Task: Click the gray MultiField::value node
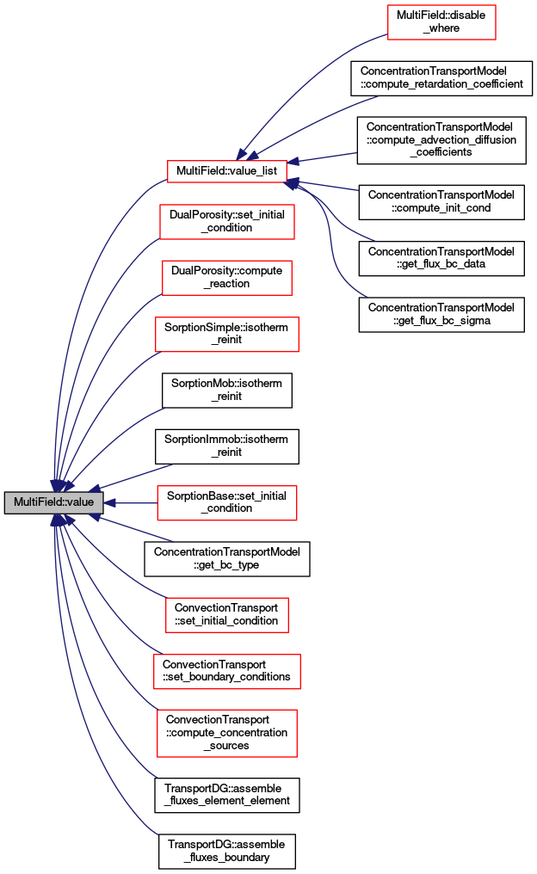pos(53,503)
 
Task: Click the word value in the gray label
pos(80,502)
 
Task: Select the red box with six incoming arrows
pos(226,172)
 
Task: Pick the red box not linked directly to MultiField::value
pos(441,22)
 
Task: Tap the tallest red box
pos(226,733)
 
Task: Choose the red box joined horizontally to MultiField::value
pos(226,503)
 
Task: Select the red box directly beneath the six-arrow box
pos(226,222)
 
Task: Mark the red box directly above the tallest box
pos(226,672)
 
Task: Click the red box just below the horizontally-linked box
pos(226,615)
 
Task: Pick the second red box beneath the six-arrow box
pos(226,278)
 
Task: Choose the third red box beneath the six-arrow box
pos(226,335)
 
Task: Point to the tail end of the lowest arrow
pos(157,834)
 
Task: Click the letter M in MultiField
pos(17,502)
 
